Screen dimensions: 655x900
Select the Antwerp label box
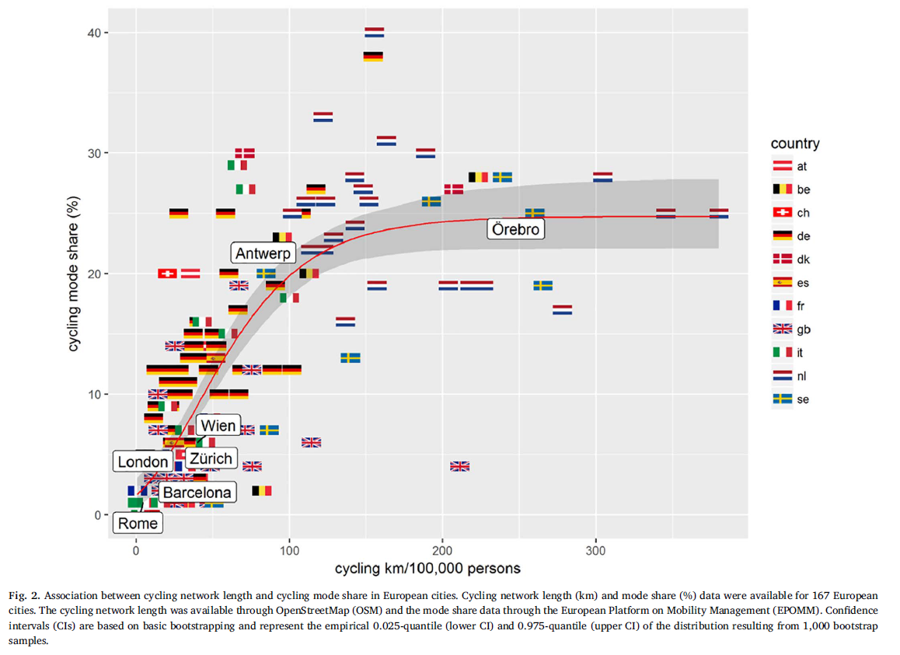(263, 253)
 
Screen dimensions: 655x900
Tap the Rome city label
(138, 523)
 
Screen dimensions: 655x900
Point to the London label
(143, 462)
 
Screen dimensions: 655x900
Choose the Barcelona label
(197, 492)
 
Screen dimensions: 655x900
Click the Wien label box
(217, 426)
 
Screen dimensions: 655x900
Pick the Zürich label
(211, 458)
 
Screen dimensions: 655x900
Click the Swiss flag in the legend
(781, 212)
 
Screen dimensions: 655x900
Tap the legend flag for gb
(781, 329)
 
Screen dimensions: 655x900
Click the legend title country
(794, 144)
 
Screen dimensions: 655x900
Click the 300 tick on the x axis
(596, 551)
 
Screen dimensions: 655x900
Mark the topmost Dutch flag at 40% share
(374, 33)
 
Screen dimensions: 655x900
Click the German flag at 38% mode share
(374, 56)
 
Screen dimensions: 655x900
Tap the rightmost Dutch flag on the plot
(719, 213)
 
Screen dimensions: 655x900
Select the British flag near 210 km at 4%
(459, 466)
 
